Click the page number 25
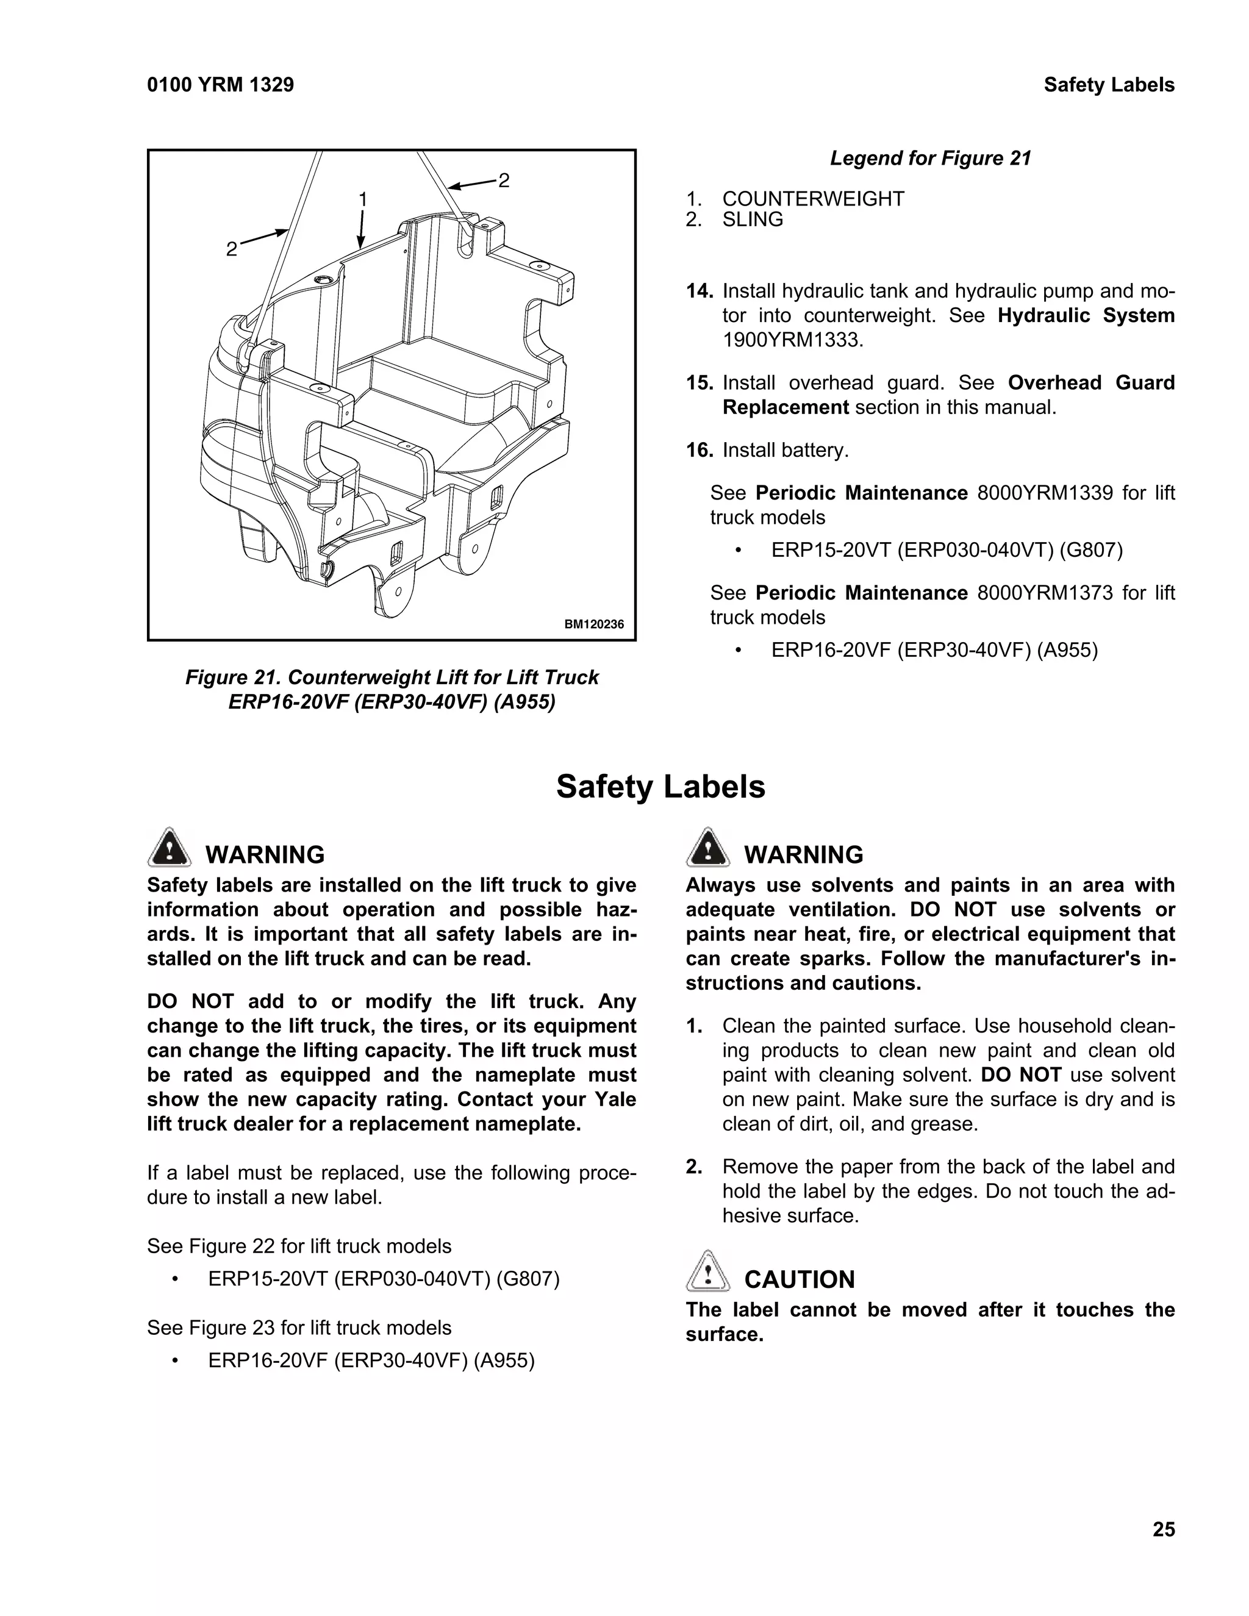pos(1163,1529)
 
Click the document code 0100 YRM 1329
pos(221,85)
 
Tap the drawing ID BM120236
pos(593,624)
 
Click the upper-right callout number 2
pos(503,180)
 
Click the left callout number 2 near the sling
pos(232,249)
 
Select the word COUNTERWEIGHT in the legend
pos(812,199)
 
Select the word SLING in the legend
pos(752,220)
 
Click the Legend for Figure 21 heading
pos(930,159)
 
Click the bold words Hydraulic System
pos(1086,316)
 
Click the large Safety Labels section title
pos(660,787)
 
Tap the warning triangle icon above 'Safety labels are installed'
pos(170,848)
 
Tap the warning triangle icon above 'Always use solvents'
pos(707,848)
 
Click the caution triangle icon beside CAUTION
pos(707,1272)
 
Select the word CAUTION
pos(798,1279)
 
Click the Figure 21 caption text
pos(392,689)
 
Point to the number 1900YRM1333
pos(792,340)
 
